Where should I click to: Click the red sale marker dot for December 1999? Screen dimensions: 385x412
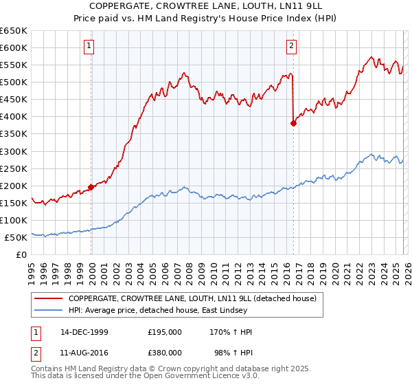(91, 187)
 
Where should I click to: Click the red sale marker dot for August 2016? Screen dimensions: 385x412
(293, 123)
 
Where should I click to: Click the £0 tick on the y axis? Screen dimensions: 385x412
(23, 254)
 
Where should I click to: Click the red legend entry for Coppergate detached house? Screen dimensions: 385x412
(192, 298)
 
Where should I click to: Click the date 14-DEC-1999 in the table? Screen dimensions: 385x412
(84, 332)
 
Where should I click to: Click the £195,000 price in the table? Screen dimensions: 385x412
(165, 332)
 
